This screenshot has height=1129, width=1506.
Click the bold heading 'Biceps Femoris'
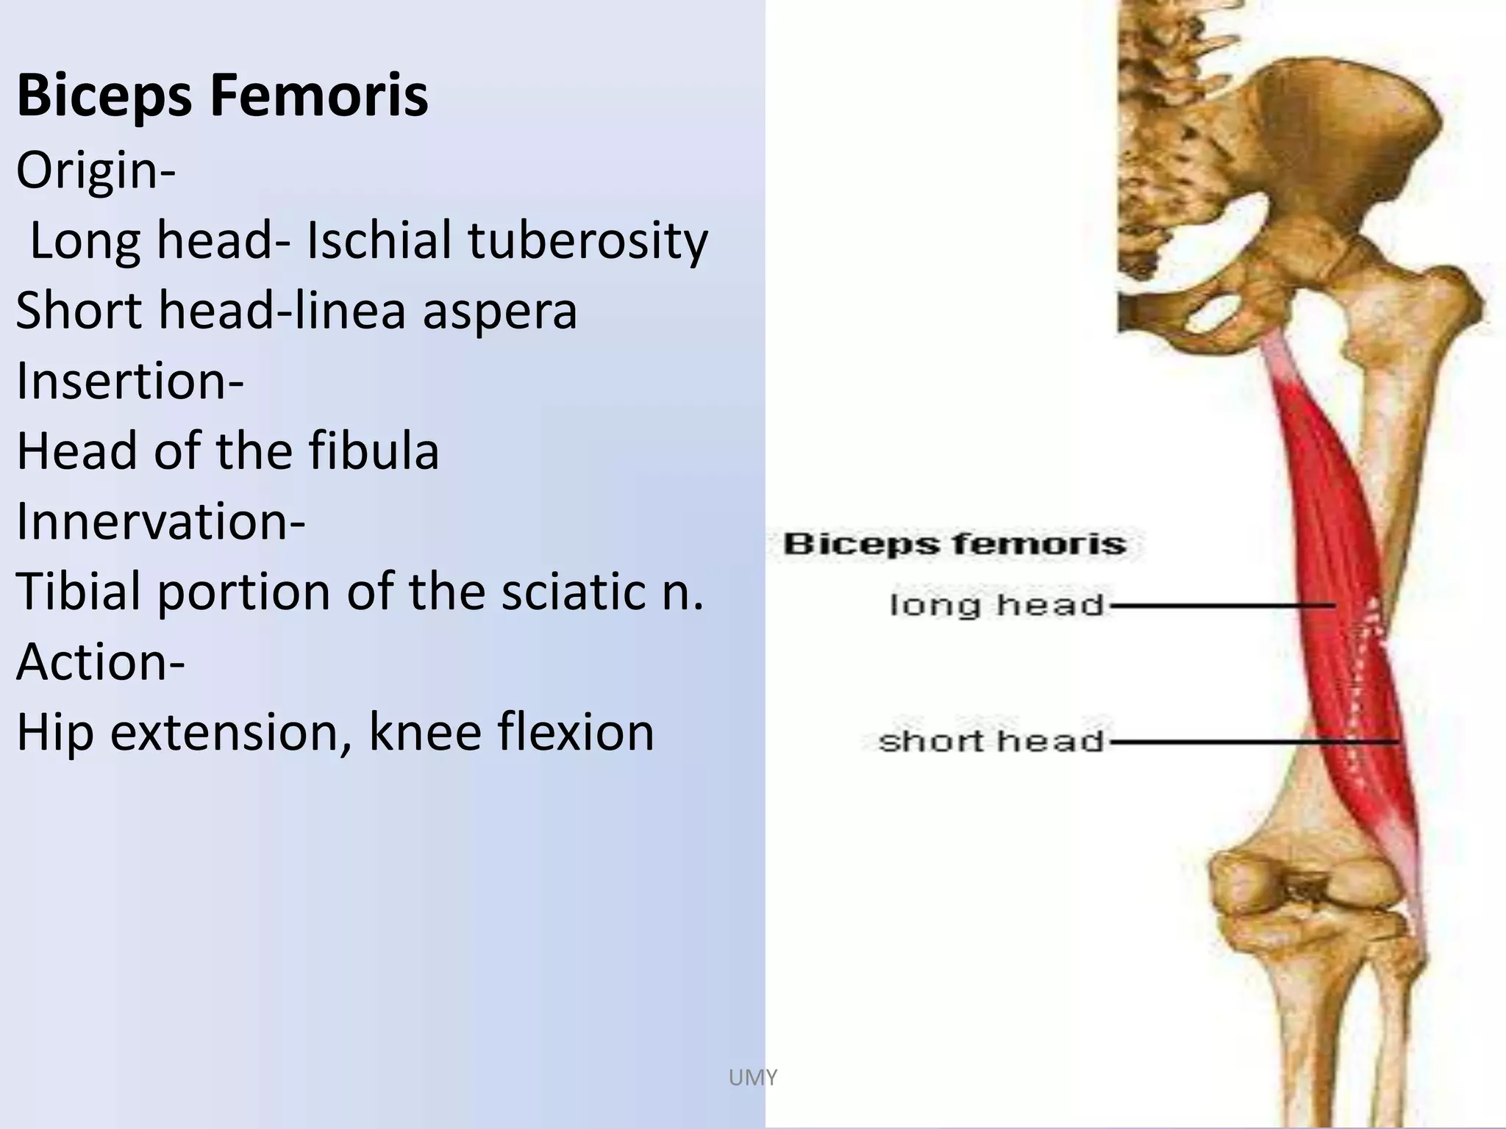point(222,96)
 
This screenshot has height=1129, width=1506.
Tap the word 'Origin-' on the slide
point(96,171)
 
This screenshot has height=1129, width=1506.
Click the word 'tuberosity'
point(588,241)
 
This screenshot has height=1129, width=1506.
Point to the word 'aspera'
point(499,310)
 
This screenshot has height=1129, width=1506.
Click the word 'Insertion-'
point(130,381)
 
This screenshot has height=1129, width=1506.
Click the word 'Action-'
point(101,662)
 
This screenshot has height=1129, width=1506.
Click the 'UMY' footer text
point(752,1078)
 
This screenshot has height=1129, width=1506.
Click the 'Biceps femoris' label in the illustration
point(954,545)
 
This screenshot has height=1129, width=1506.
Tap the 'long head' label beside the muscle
point(997,606)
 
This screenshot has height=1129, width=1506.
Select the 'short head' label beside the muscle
point(991,741)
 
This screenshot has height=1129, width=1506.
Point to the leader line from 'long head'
point(1221,606)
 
